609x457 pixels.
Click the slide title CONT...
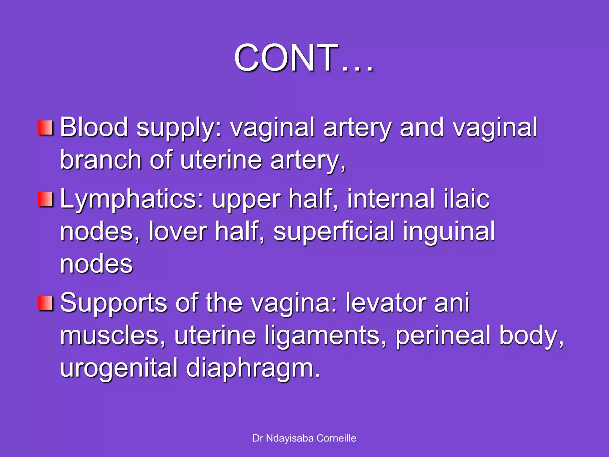[303, 58]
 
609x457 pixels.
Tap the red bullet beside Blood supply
[45, 128]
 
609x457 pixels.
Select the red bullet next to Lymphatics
[45, 199]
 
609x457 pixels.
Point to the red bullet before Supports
[45, 303]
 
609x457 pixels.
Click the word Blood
[94, 127]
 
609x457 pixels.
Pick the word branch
[101, 160]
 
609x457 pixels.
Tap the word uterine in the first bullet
[221, 160]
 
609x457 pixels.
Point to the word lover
[178, 231]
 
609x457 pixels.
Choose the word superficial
[334, 231]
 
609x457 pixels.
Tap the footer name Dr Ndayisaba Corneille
[304, 438]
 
